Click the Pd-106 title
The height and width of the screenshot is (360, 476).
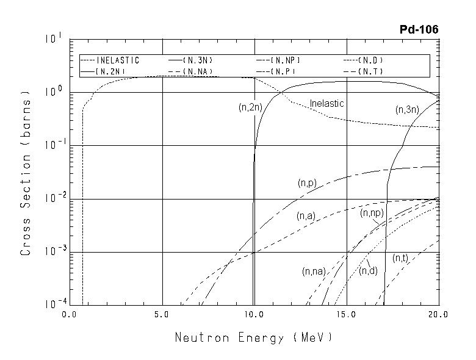(x=419, y=29)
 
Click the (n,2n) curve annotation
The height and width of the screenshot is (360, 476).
(x=250, y=107)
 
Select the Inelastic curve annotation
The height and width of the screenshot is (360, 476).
(x=326, y=104)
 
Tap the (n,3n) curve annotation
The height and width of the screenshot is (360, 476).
(x=407, y=110)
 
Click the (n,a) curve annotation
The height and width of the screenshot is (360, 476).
(x=306, y=216)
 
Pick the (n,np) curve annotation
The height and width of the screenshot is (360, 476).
(x=372, y=212)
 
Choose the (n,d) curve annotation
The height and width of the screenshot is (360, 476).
(x=368, y=270)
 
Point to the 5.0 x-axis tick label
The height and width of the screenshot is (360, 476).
(x=162, y=315)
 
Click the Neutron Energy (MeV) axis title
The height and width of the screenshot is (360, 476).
(x=254, y=337)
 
